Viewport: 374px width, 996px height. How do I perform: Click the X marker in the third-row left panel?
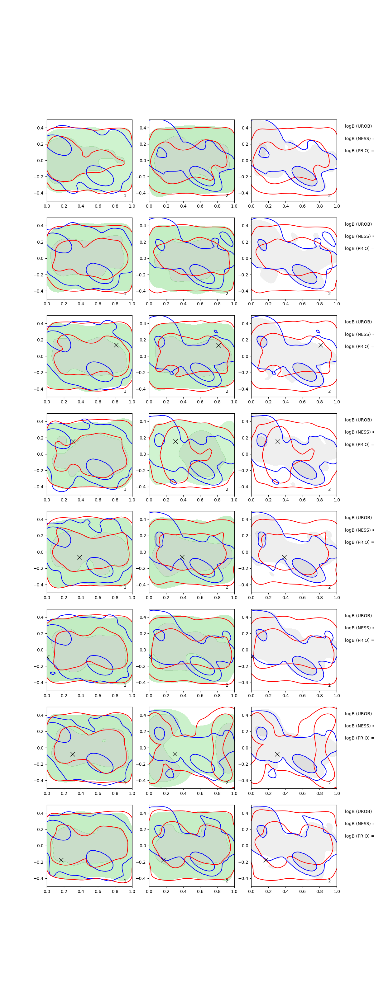116,345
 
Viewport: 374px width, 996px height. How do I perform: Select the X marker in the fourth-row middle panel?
175,442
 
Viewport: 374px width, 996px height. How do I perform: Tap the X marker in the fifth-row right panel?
284,557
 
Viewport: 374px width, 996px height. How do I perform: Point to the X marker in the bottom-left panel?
61,860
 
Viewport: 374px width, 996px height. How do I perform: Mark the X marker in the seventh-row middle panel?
175,754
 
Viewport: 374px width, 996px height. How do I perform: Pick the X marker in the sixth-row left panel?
48,657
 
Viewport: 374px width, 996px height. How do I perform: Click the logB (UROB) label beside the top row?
358,126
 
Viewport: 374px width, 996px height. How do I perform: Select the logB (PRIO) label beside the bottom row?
358,836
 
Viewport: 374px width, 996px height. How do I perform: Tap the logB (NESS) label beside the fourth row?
358,432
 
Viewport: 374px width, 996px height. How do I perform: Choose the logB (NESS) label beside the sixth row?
358,628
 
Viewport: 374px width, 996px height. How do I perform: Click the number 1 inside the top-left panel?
125,196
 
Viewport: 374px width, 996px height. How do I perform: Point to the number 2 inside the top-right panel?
329,196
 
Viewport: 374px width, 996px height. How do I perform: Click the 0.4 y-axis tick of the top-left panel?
40,128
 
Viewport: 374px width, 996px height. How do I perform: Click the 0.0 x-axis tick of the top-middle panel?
149,206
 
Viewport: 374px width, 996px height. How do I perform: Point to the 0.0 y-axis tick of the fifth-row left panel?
40,552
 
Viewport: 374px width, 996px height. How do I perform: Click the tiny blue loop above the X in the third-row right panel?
318,331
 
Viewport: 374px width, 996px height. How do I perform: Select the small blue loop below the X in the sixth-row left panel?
53,673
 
